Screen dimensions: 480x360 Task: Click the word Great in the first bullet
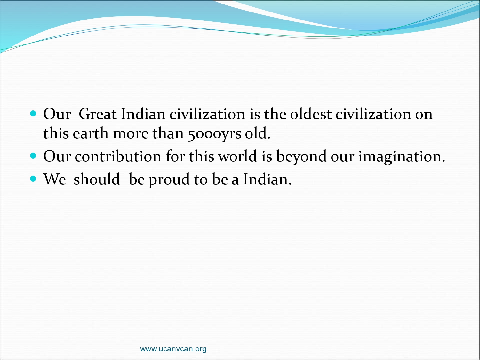point(98,114)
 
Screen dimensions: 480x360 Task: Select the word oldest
point(310,114)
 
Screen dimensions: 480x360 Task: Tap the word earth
point(90,133)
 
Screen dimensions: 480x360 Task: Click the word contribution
point(118,156)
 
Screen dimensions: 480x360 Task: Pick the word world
point(238,156)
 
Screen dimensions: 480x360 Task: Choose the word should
point(97,179)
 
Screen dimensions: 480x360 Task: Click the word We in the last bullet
point(55,179)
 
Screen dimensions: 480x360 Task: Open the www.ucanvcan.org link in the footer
point(173,349)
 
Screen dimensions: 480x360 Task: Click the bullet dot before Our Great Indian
point(33,114)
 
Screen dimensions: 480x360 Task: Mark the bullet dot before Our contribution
point(33,156)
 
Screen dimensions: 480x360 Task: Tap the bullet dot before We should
point(33,179)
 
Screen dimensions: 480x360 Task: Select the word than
point(168,133)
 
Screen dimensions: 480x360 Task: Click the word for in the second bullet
point(175,156)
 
